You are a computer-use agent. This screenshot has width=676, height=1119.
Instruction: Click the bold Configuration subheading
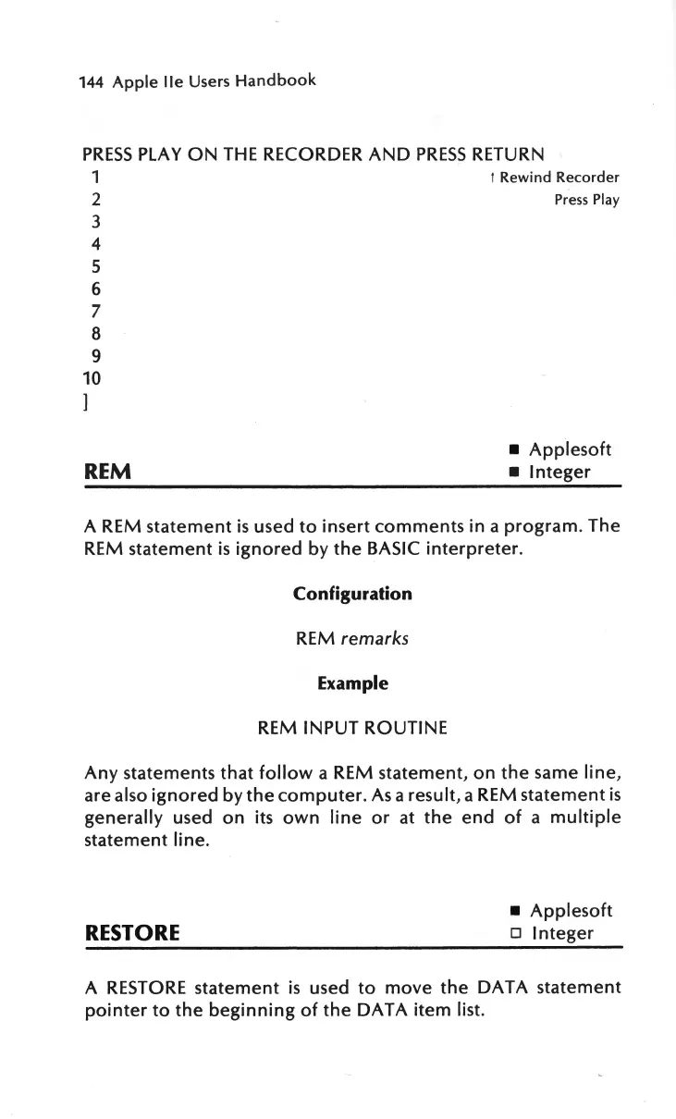click(352, 594)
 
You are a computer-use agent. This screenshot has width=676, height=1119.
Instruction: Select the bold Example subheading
click(352, 683)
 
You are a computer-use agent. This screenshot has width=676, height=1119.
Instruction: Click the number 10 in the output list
click(92, 378)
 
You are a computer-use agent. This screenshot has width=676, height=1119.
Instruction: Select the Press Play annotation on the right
click(586, 200)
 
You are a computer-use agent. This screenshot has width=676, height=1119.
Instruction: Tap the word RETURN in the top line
click(507, 153)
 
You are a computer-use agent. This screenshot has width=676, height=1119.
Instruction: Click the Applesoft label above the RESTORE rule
click(571, 911)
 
